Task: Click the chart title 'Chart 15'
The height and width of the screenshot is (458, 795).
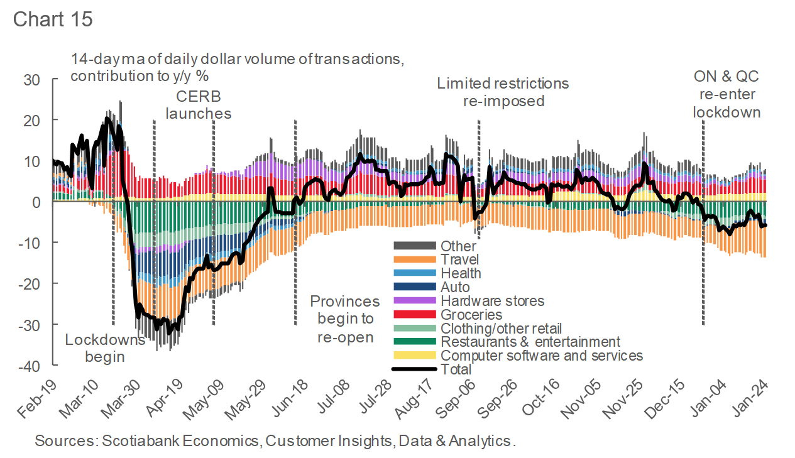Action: [x=53, y=19]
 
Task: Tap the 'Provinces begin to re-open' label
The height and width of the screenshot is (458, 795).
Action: [x=345, y=319]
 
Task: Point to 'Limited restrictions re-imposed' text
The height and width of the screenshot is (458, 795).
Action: [x=503, y=92]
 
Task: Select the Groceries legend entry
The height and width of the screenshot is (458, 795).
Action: [x=471, y=314]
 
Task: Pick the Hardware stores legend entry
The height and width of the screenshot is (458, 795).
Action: [x=492, y=301]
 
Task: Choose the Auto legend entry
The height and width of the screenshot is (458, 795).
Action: [x=455, y=287]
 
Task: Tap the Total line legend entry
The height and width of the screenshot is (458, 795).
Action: [x=456, y=369]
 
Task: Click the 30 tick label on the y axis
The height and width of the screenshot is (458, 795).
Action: [x=32, y=79]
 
